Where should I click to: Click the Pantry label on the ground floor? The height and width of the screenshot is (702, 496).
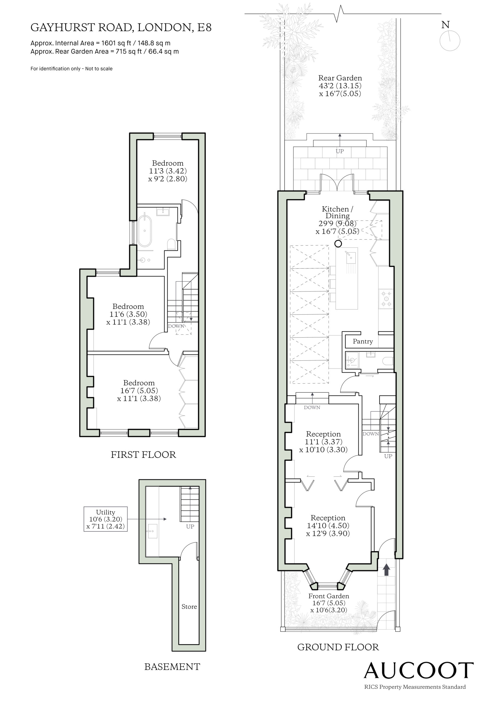[x=363, y=341]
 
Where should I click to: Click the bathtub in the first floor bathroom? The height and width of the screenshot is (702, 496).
[x=144, y=231]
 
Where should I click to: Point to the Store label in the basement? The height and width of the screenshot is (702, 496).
[x=189, y=606]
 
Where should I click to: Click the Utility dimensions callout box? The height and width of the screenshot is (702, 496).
[x=106, y=519]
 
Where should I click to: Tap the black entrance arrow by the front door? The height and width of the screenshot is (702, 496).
[x=386, y=570]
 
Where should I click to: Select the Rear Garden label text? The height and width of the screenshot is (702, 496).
[x=340, y=78]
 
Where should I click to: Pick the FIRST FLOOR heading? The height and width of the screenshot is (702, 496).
[x=143, y=455]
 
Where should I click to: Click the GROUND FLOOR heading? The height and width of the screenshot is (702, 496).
[x=338, y=647]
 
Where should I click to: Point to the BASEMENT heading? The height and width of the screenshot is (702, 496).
[x=172, y=667]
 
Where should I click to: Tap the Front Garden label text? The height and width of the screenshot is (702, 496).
[x=329, y=596]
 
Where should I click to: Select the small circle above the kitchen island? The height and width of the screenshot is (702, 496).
[x=338, y=244]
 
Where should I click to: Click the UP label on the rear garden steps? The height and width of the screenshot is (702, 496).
[x=340, y=151]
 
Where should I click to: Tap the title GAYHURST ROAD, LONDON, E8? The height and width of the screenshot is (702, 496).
[x=121, y=27]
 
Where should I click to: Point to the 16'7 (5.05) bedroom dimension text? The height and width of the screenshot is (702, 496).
[x=139, y=390]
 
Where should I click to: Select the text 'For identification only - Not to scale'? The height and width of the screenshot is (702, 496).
[x=71, y=69]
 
